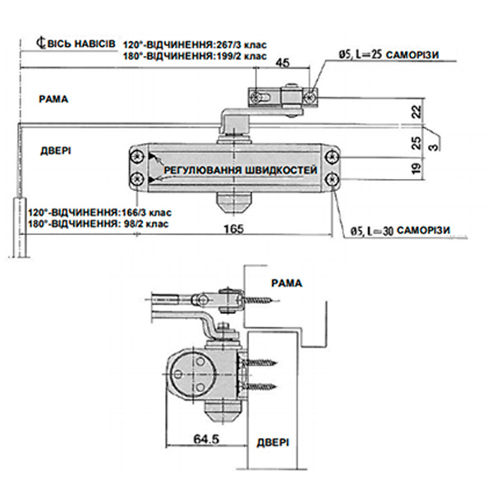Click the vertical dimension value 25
point(417,142)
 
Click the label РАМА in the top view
point(53,99)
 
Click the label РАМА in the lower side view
point(286,283)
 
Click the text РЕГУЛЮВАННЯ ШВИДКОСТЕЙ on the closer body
point(240,169)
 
